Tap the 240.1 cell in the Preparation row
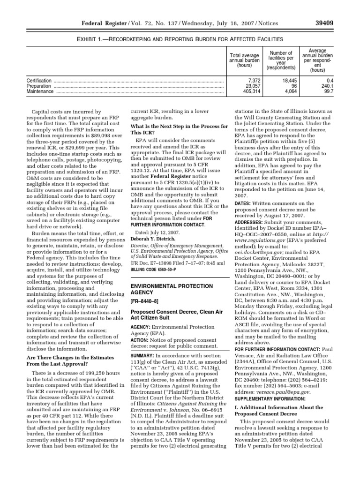pos(325,86)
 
